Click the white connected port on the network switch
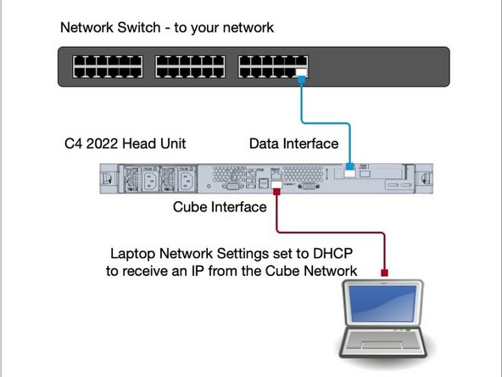coord(302,72)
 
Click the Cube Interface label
coord(221,206)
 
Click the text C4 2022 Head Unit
coord(125,144)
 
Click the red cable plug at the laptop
coord(385,273)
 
